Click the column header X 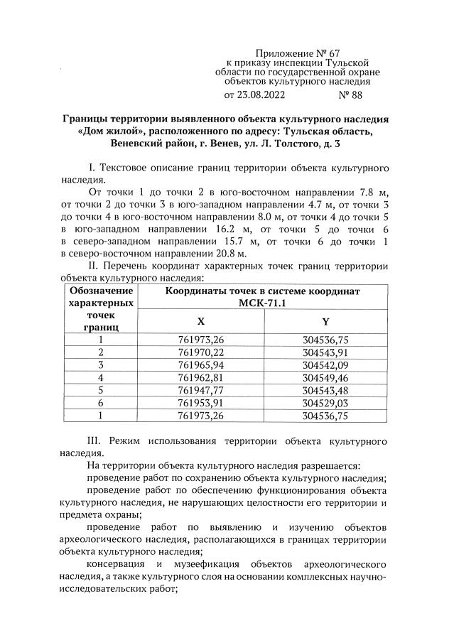point(200,321)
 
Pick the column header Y point(325,321)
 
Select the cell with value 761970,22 point(200,352)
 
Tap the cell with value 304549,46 point(325,377)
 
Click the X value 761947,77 point(200,390)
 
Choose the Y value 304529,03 point(325,403)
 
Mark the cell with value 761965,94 point(200,364)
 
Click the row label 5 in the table point(100,390)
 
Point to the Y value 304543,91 point(325,352)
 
